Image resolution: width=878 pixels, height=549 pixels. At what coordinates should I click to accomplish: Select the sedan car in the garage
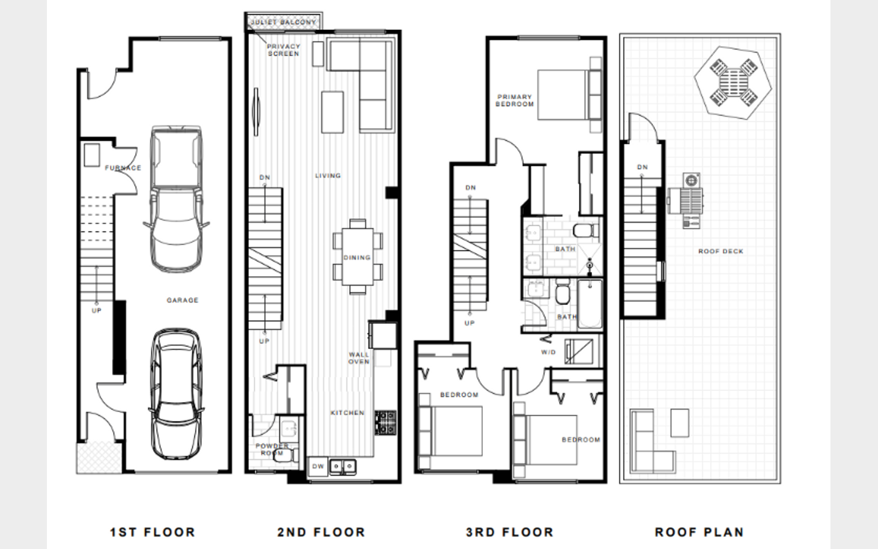click(x=176, y=394)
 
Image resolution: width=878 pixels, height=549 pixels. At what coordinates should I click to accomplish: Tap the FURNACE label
click(x=123, y=168)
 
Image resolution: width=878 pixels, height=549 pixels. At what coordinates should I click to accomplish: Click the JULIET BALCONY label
click(x=284, y=22)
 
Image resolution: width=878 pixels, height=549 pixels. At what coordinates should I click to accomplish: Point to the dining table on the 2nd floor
click(x=357, y=257)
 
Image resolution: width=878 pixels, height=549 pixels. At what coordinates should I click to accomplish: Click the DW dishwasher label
click(x=318, y=466)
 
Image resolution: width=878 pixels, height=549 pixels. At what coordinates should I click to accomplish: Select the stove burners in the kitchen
click(x=385, y=423)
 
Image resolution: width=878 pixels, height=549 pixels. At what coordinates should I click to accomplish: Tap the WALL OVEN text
click(x=359, y=358)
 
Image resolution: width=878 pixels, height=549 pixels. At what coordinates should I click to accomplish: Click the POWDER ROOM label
click(x=272, y=450)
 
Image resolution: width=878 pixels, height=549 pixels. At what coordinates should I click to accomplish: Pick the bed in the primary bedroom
click(x=569, y=95)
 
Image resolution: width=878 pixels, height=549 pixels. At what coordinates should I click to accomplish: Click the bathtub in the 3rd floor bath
click(x=590, y=304)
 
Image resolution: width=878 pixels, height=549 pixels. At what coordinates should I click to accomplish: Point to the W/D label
click(x=548, y=352)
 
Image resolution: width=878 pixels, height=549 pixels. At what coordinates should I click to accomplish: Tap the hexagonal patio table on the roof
click(x=733, y=83)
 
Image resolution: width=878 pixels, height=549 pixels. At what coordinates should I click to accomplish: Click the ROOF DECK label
click(x=721, y=251)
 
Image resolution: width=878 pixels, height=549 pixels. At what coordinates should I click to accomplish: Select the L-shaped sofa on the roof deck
click(x=652, y=441)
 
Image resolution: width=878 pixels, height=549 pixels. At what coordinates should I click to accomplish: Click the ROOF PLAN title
click(x=700, y=532)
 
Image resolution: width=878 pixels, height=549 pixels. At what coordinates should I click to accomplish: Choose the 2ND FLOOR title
click(x=321, y=532)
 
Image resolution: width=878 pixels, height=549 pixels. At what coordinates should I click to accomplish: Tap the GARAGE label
click(x=183, y=300)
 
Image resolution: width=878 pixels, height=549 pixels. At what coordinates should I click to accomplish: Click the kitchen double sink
click(x=343, y=466)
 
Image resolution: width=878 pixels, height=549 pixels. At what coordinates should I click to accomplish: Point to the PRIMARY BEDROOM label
click(x=515, y=101)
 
